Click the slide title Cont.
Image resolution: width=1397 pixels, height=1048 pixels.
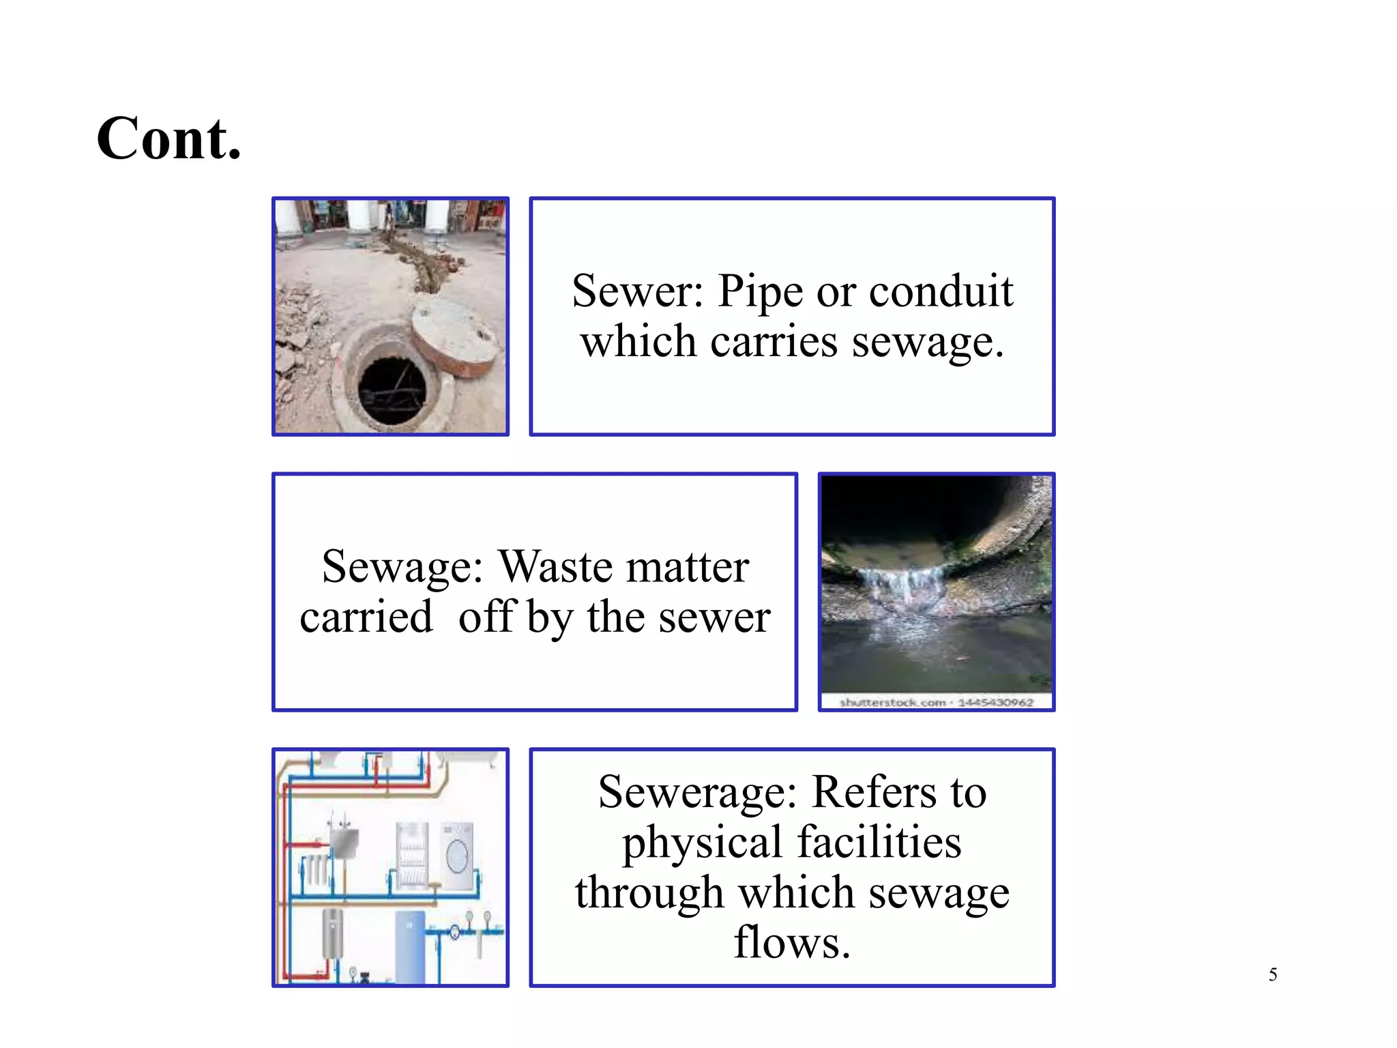[169, 139]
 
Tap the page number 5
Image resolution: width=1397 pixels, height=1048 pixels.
[1272, 974]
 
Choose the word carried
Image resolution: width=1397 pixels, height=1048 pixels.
[366, 617]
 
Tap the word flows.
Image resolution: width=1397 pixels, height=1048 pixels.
[792, 943]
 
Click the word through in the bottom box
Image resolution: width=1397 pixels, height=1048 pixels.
[649, 893]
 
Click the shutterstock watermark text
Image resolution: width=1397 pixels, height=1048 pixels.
[936, 702]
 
